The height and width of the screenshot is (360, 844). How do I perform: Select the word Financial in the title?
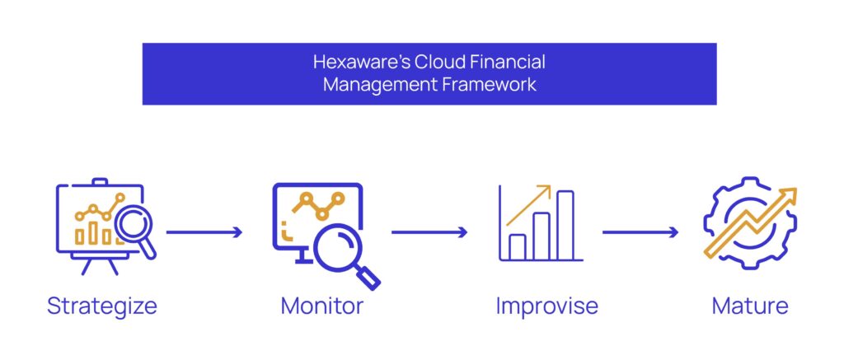[x=508, y=63]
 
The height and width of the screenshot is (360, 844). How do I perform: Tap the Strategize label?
[x=102, y=306]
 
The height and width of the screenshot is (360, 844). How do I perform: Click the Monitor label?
[x=322, y=306]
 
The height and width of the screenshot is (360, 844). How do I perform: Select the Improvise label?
[x=547, y=306]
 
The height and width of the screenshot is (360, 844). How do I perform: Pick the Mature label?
[x=750, y=306]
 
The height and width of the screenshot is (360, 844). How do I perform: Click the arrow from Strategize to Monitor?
[x=204, y=232]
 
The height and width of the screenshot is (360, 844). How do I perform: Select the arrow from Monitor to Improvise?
[x=429, y=232]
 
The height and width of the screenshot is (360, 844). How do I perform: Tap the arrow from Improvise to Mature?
[x=640, y=232]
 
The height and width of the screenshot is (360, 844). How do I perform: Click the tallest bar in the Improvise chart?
[x=565, y=226]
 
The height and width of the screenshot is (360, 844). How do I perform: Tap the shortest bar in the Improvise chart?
[x=518, y=247]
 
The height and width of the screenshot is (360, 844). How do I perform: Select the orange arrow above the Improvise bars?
[x=529, y=205]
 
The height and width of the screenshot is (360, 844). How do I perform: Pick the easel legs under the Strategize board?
[x=100, y=266]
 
